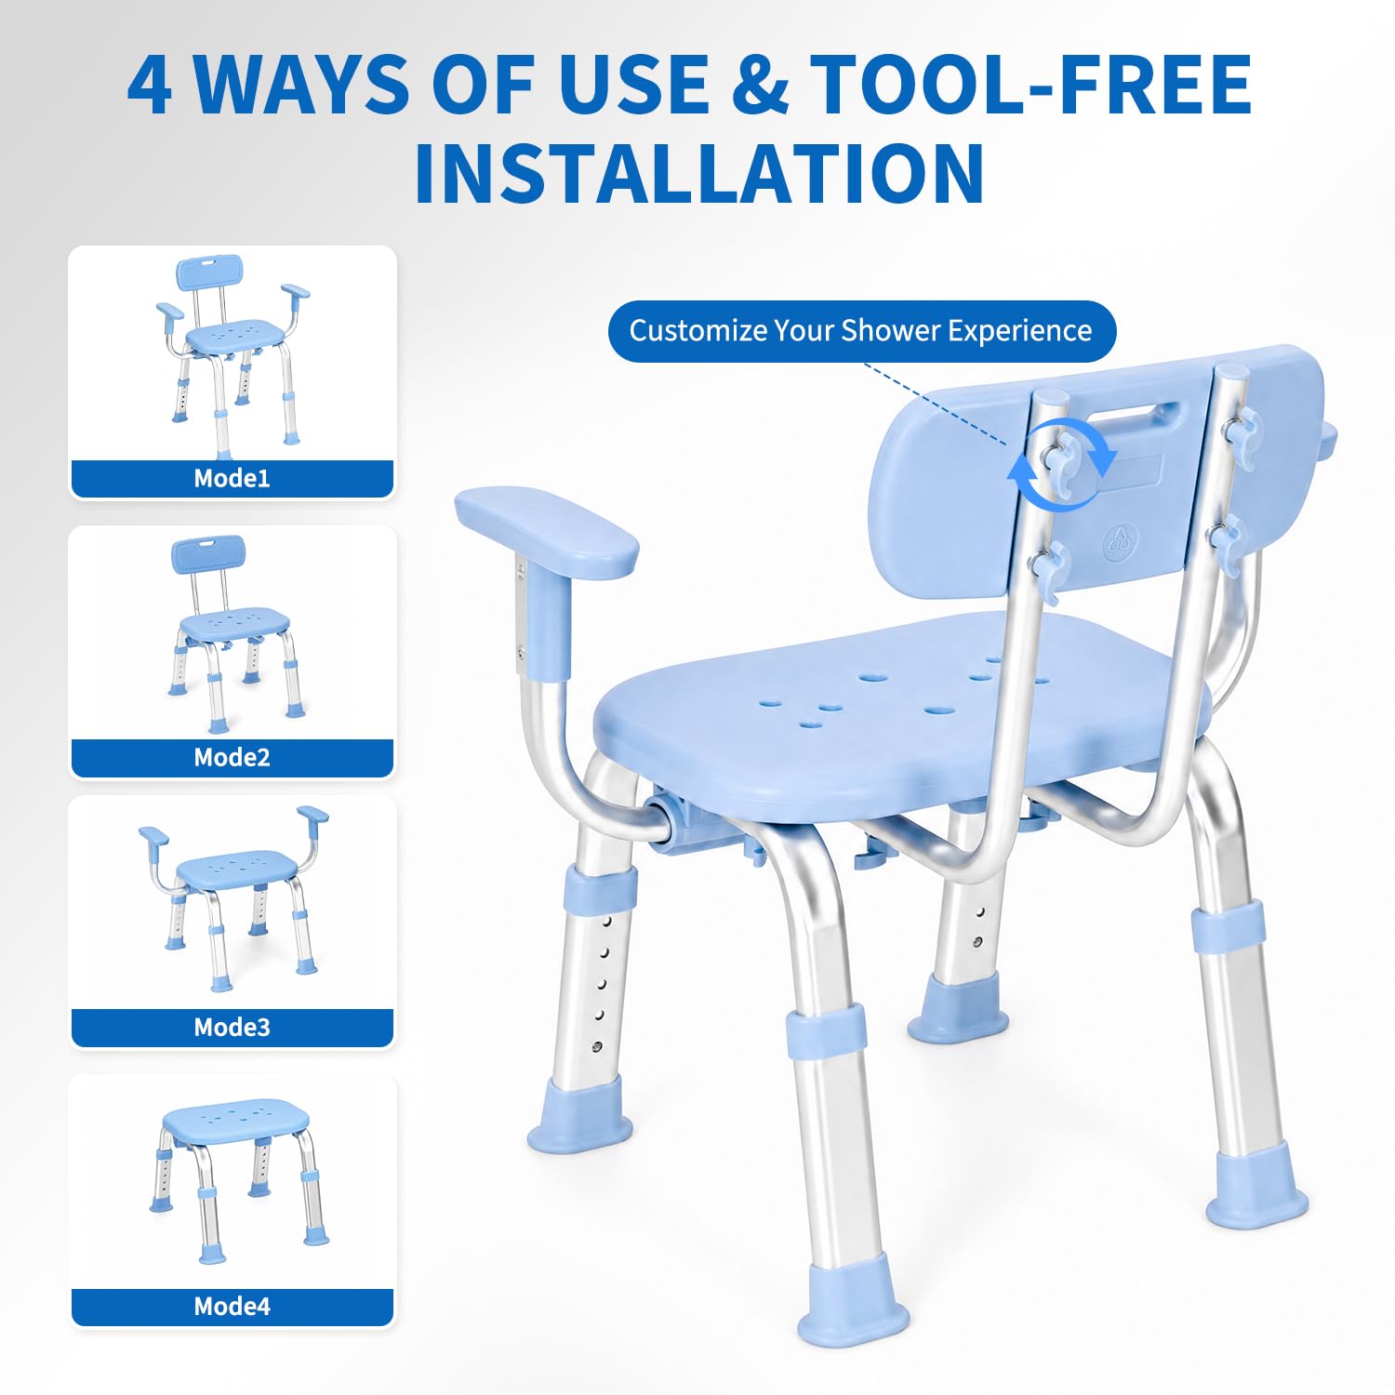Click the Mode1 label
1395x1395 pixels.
click(x=232, y=478)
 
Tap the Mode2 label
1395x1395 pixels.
click(x=232, y=757)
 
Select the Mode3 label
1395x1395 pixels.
click(x=232, y=1027)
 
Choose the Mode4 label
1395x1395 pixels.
click(x=232, y=1306)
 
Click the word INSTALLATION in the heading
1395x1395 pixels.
click(x=699, y=173)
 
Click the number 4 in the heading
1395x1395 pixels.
click(x=150, y=85)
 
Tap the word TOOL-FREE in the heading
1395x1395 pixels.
click(x=1030, y=85)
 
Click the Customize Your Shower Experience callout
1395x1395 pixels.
click(x=861, y=331)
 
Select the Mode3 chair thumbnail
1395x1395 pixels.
click(x=232, y=897)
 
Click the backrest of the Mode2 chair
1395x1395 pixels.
click(x=208, y=554)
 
